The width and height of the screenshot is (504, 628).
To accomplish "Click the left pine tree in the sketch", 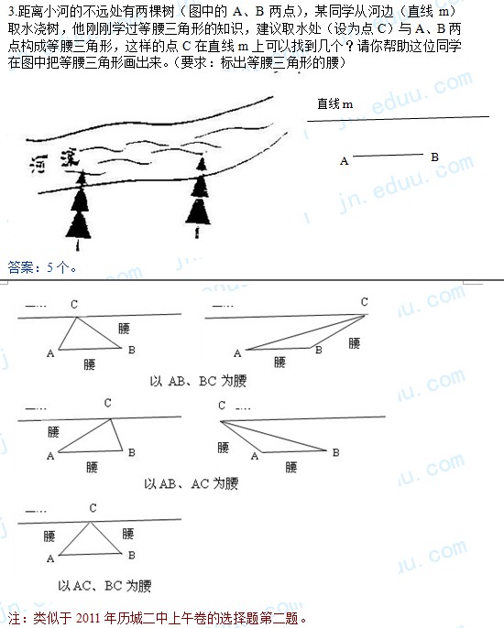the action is point(79,211).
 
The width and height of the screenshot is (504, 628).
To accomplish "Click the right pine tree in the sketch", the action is point(199,198).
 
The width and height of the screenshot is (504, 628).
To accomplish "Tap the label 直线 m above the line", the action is point(335,104).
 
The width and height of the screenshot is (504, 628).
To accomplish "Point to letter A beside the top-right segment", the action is point(344,161).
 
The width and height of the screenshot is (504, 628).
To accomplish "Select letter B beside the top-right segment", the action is point(434,157).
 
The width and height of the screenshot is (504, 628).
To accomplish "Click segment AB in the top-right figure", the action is point(389,155).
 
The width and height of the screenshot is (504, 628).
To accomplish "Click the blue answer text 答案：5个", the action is point(42,267).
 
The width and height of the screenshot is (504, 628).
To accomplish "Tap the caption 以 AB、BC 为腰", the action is point(198,381).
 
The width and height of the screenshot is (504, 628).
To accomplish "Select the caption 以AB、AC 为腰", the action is point(192,483).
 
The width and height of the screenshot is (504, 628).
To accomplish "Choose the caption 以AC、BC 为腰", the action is point(104,586).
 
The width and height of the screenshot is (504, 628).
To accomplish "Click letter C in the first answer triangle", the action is point(74,304).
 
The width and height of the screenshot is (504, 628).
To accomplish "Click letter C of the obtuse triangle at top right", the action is point(364,301).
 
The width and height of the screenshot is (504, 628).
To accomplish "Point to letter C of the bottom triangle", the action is point(93,508).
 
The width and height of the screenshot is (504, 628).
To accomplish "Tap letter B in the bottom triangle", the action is point(132,555).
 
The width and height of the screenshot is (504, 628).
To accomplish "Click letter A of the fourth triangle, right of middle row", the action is point(254,456).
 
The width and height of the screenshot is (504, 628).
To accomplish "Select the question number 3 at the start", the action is point(11,12).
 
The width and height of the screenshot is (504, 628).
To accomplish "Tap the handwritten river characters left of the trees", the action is point(54,161).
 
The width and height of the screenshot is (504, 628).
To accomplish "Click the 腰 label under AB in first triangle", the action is point(90,364).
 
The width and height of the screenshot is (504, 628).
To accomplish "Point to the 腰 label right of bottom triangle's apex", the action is point(128,534).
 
